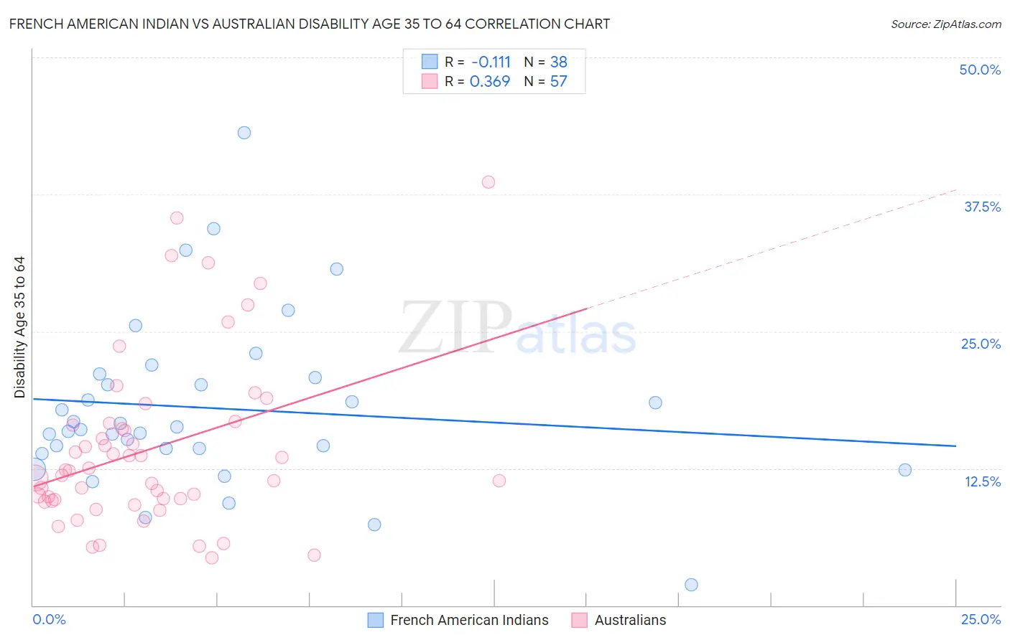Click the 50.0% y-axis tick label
[x=980, y=70]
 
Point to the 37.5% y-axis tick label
[x=982, y=207]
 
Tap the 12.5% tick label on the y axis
[x=982, y=481]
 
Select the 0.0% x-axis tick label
[x=49, y=619]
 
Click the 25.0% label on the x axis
[x=981, y=619]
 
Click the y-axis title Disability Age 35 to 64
[x=19, y=327]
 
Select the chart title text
[x=310, y=24]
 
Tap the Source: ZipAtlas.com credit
[x=945, y=24]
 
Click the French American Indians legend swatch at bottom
[x=375, y=620]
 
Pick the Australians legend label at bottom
[x=630, y=620]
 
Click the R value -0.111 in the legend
[x=491, y=62]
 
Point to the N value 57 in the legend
[x=558, y=81]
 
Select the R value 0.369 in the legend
[x=489, y=81]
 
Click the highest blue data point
[x=244, y=133]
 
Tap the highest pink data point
[x=488, y=182]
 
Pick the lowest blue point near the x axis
[x=691, y=585]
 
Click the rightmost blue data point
[x=905, y=470]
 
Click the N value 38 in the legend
[x=558, y=62]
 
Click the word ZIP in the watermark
[x=455, y=327]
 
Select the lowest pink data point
[x=212, y=557]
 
